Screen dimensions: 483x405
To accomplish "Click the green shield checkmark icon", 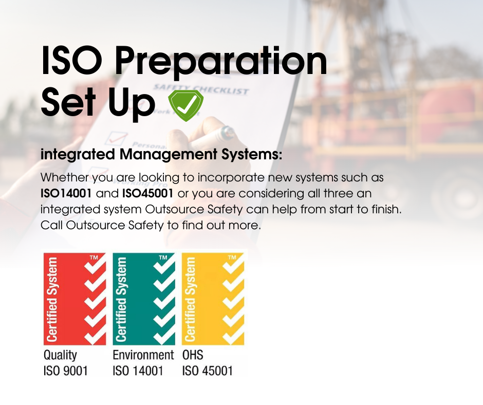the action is pyautogui.click(x=185, y=105).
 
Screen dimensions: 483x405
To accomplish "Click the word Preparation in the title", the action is pyautogui.click(x=220, y=62).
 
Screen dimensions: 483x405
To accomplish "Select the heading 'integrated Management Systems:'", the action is pyautogui.click(x=161, y=154).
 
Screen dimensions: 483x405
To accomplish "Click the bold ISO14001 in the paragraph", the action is pyautogui.click(x=66, y=194).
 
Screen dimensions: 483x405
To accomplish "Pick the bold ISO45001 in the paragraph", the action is pyautogui.click(x=147, y=194).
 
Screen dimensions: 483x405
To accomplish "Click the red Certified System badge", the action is pyautogui.click(x=75, y=299).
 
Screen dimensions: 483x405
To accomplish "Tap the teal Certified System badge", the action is pyautogui.click(x=144, y=299).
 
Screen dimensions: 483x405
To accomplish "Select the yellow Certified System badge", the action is pyautogui.click(x=213, y=299).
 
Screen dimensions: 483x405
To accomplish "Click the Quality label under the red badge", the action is pyautogui.click(x=60, y=355).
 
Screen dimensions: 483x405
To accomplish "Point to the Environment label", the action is pyautogui.click(x=143, y=355).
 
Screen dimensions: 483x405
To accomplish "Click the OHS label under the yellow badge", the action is pyautogui.click(x=193, y=355).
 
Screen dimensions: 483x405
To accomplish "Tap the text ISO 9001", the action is pyautogui.click(x=66, y=371).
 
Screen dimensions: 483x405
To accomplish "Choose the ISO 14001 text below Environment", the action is pyautogui.click(x=138, y=371).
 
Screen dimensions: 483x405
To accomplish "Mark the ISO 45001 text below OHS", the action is pyautogui.click(x=207, y=371).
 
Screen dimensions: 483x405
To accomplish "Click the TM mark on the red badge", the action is pyautogui.click(x=94, y=257).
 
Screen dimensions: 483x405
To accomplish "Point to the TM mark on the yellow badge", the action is pyautogui.click(x=232, y=257).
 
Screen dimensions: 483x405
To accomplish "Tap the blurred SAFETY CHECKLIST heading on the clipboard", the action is pyautogui.click(x=201, y=89).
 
